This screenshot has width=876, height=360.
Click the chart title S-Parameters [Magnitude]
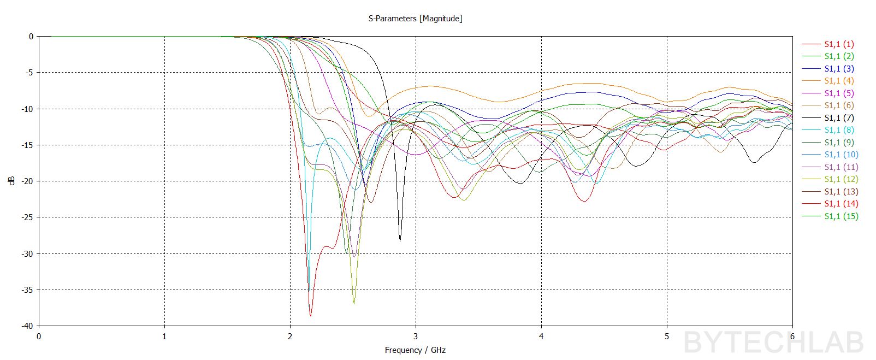point(415,19)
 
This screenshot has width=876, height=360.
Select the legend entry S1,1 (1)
point(839,44)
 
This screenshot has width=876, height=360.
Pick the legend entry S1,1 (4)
point(839,81)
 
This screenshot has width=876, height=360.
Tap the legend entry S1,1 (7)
point(839,118)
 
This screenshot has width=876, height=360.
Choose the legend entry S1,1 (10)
point(841,155)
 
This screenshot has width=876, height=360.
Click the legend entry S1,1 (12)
point(841,179)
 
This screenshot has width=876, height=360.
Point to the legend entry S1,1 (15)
point(841,216)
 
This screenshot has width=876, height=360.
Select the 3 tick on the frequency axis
point(416,337)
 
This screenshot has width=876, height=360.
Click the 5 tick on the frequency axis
point(667,337)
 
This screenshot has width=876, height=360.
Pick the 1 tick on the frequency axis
point(164,337)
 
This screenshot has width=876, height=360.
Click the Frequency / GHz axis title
point(415,350)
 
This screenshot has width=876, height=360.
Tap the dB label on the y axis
point(12,181)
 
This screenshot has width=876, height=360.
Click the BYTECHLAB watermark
point(773,343)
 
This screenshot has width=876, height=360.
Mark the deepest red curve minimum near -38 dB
point(311,316)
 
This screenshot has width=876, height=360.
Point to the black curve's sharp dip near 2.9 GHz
point(400,241)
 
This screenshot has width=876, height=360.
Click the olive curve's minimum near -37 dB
point(354,303)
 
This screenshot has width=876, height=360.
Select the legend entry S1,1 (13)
point(841,192)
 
